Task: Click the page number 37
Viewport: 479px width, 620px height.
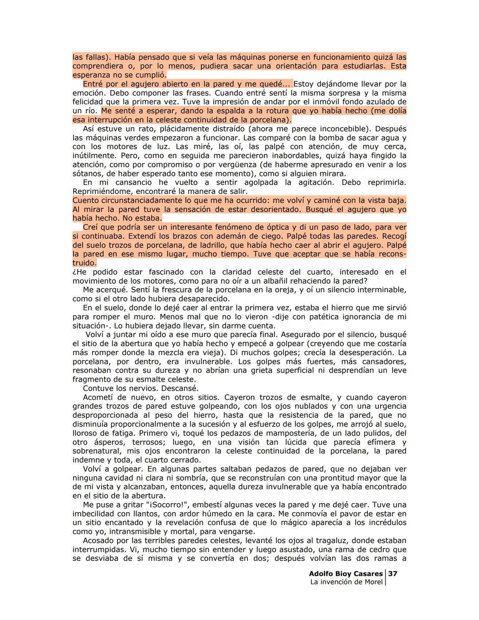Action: (x=393, y=573)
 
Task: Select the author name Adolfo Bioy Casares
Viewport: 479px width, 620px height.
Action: (x=346, y=573)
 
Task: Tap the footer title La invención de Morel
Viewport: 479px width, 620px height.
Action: (x=346, y=582)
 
